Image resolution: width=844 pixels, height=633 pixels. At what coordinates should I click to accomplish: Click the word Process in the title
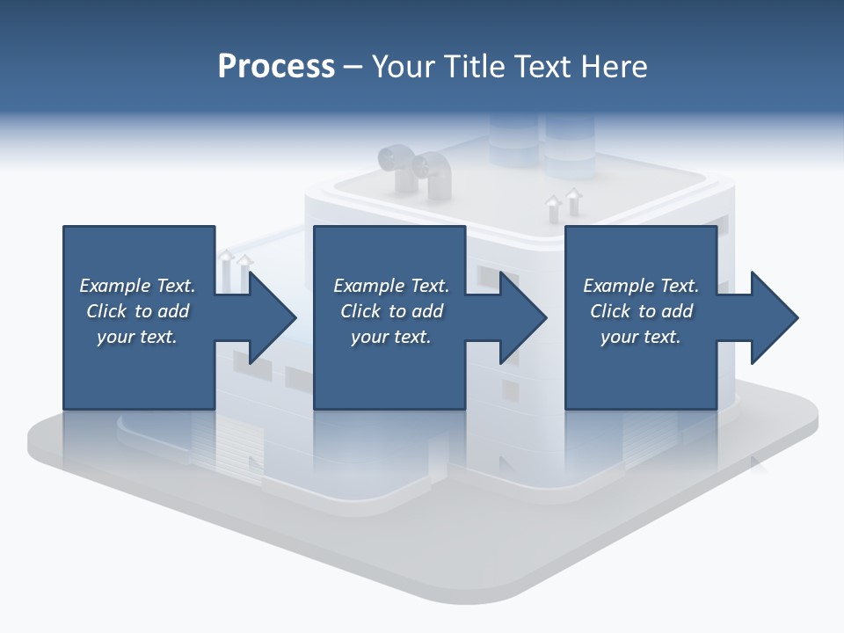[x=276, y=66]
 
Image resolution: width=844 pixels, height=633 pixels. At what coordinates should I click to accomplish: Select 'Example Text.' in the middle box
[x=390, y=286]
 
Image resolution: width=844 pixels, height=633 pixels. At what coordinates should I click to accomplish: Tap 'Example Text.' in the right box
[x=640, y=286]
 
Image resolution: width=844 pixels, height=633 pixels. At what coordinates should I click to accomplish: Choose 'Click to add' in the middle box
[x=390, y=311]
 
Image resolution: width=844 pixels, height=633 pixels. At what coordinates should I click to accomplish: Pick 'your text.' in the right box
[x=640, y=337]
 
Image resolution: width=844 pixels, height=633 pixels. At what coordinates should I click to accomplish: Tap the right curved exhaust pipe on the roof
[x=433, y=172]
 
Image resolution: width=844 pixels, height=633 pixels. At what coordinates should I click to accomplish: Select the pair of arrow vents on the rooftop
[x=564, y=203]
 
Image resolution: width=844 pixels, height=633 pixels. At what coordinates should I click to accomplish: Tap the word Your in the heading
[x=406, y=66]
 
